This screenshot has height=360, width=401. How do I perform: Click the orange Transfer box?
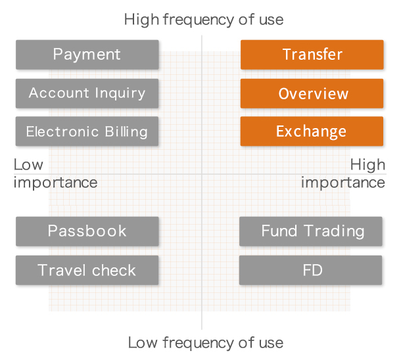312,55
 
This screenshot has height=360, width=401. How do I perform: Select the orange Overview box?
312,93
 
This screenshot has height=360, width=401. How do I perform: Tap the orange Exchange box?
312,131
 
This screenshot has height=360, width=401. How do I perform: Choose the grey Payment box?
87,55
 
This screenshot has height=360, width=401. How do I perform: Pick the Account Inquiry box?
87,93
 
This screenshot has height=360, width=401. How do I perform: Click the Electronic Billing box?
87,131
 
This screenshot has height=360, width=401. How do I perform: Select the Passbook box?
87,231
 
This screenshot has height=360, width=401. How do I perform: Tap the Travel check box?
87,270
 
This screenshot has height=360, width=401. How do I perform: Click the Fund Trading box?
311,231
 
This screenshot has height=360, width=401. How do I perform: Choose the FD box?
311,270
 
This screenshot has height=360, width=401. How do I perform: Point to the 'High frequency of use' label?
204,20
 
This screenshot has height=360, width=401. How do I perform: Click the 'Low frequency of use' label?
206,343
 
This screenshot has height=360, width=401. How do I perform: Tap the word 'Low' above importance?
28,165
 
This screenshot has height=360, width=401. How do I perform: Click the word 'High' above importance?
367,165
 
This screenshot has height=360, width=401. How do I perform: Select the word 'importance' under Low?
55,183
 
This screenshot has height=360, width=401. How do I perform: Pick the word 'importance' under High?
343,183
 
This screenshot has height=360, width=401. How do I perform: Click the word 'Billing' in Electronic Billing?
126,132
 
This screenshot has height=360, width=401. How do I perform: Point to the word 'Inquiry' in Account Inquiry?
120,93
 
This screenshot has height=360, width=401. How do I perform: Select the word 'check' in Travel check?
114,270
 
